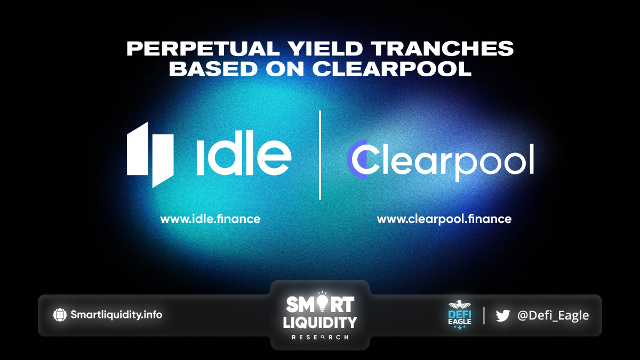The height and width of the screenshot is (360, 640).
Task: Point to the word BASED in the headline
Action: click(x=213, y=69)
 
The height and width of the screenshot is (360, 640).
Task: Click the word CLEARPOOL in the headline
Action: click(x=391, y=69)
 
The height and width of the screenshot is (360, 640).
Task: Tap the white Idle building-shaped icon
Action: click(x=150, y=155)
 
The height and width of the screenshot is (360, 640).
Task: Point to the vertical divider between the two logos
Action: click(x=319, y=155)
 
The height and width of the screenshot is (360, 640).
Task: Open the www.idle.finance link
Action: click(x=210, y=219)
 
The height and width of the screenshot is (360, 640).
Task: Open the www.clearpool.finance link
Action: click(x=444, y=219)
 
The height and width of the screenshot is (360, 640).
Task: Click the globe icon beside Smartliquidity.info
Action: click(x=60, y=315)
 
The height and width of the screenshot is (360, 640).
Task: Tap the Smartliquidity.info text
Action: click(x=116, y=315)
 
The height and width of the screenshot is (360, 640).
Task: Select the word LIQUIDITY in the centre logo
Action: click(x=320, y=323)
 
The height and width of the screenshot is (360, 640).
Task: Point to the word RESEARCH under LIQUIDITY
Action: click(x=320, y=338)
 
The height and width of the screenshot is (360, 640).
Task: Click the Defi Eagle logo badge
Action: click(x=460, y=315)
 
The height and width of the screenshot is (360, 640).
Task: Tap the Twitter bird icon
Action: click(x=503, y=315)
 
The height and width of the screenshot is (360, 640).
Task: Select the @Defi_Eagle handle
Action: click(x=553, y=315)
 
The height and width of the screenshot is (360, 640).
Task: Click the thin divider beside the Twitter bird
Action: click(x=484, y=315)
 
